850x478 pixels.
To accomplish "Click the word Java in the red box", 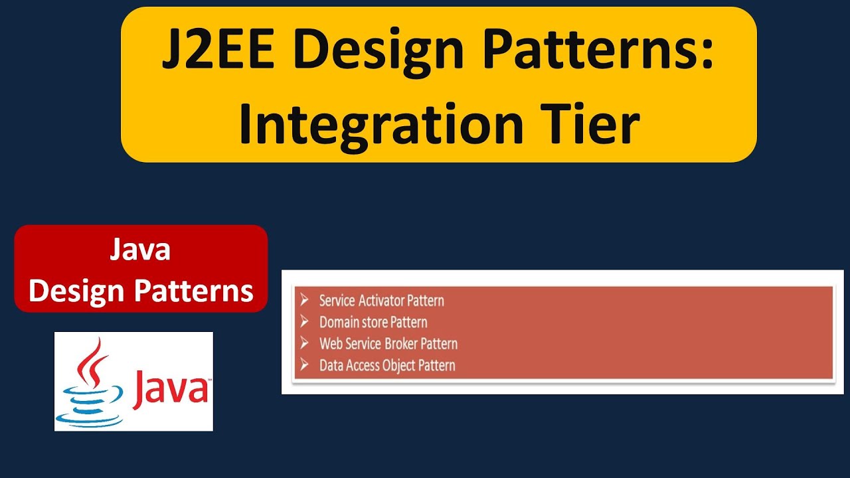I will [x=140, y=250].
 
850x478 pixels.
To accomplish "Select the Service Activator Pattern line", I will [x=381, y=301].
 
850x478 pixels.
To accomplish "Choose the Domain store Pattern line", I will [x=373, y=323].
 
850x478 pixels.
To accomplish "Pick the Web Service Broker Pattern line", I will [x=388, y=344].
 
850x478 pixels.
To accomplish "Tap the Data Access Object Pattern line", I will [x=387, y=365].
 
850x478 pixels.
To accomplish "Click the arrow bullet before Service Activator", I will [x=304, y=300].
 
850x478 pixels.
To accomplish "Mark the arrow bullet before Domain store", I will [x=304, y=322].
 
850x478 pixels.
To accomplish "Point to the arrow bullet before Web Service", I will [x=304, y=343].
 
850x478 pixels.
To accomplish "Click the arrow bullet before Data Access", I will [x=304, y=364].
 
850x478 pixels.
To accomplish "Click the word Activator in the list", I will [x=381, y=301].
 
